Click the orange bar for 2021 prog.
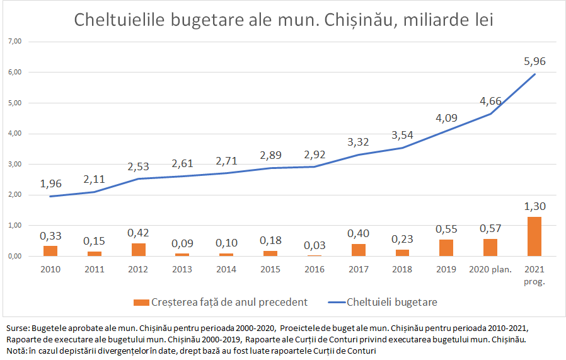click(x=534, y=236)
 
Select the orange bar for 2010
click(x=50, y=251)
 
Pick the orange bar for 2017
click(x=358, y=250)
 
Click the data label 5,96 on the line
click(x=534, y=61)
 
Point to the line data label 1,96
click(x=50, y=184)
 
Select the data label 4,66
click(x=490, y=101)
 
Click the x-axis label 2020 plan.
click(x=490, y=270)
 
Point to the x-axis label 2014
click(x=226, y=270)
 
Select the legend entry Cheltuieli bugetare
click(x=391, y=302)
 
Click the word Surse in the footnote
click(x=16, y=328)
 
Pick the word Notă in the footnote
click(x=16, y=351)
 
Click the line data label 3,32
click(x=358, y=142)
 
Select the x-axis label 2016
click(x=314, y=270)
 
